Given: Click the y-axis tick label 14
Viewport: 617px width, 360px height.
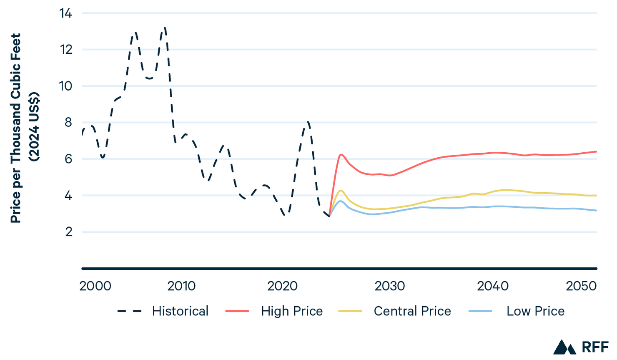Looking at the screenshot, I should coord(66,14).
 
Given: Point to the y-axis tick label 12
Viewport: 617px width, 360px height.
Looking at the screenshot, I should coord(66,50).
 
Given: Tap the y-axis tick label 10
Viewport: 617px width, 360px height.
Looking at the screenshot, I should coord(66,86).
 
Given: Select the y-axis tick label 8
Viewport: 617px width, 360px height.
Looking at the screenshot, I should coord(68,123).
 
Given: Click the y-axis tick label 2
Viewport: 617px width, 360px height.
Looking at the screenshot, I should coord(68,232).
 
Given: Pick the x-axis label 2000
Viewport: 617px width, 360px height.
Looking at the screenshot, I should coord(95,286).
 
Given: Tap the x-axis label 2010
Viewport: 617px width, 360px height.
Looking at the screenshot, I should coord(181,286).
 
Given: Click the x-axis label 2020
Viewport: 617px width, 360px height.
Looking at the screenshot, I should coord(282,286).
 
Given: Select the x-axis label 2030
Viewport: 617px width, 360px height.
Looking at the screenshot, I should coord(390,286).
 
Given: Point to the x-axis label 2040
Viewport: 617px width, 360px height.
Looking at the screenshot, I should coord(493,286).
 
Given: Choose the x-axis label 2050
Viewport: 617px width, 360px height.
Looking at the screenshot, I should coord(581,286).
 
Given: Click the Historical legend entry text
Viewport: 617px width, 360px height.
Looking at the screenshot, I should coord(180,311).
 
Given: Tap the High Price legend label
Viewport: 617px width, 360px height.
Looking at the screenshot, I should coord(292,311).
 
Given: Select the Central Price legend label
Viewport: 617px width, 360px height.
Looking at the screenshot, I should coord(412,311).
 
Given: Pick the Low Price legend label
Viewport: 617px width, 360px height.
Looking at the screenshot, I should coord(535,311).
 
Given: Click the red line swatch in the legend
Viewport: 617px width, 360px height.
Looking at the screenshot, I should coord(237,311).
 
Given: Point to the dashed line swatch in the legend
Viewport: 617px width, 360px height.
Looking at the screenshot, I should coord(129,311).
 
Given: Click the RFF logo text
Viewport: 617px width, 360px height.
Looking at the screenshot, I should coord(595,347).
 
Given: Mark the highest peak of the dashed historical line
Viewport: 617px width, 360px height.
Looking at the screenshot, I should coord(165,28).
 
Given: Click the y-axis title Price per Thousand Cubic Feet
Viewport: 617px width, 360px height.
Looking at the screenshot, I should coord(16,128).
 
